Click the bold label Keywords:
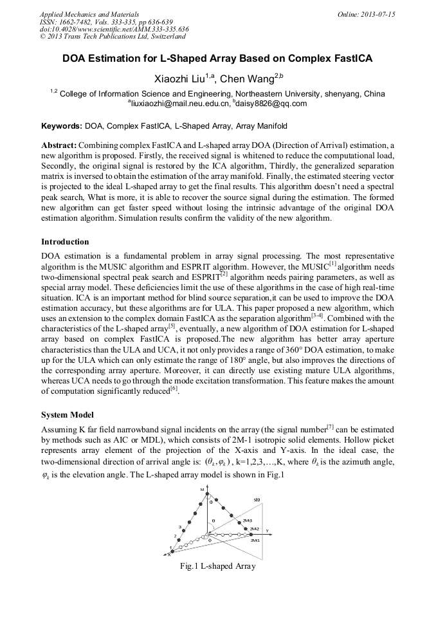click(62, 126)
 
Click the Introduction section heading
click(65, 242)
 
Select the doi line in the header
click(114, 30)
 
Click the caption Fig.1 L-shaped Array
click(218, 566)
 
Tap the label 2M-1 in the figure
click(255, 540)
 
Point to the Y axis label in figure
click(266, 530)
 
